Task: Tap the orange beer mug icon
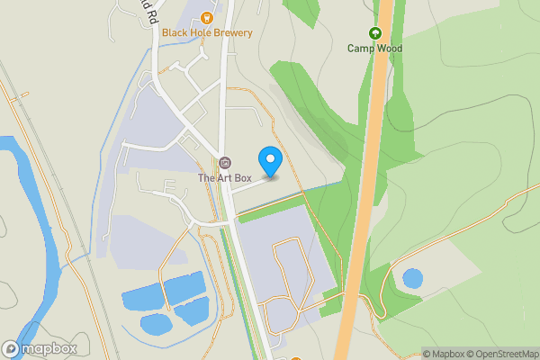[208, 16]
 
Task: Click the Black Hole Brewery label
[207, 32]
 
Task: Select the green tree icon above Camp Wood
[375, 33]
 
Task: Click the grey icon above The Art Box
[224, 163]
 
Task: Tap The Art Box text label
[224, 178]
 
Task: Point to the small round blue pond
[412, 279]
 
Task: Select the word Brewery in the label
[233, 32]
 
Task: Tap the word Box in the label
[238, 178]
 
